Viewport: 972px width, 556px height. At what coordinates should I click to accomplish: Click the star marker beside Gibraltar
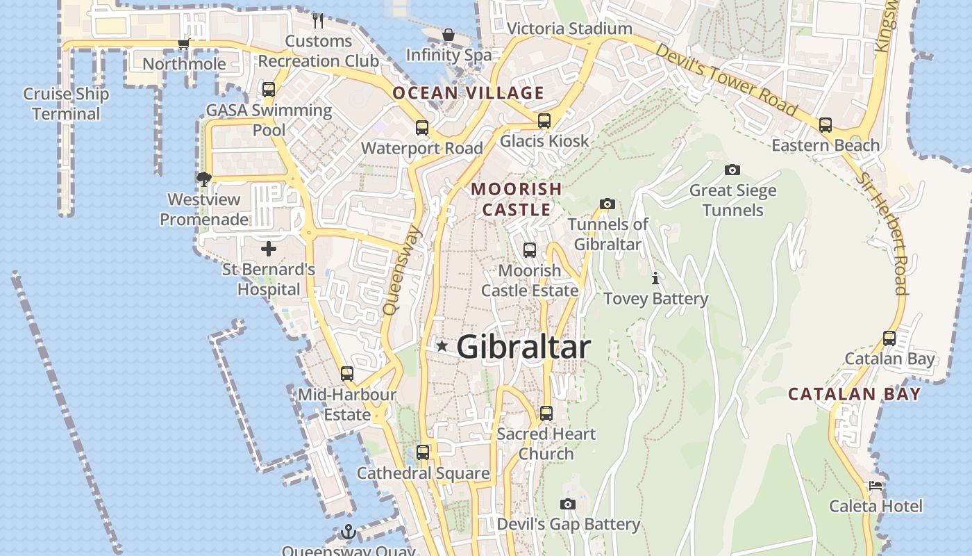coord(442,345)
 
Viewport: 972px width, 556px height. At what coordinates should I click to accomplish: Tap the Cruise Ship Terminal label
coord(66,104)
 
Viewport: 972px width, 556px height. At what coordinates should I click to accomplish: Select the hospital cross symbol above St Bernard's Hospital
coord(269,249)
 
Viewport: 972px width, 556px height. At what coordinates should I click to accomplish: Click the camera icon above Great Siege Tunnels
coord(732,170)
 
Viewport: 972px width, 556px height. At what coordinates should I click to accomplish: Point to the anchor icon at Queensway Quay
coord(348,532)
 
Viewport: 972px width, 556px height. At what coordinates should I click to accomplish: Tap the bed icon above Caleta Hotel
coord(875,486)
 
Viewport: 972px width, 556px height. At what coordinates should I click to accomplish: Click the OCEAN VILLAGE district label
coord(468,92)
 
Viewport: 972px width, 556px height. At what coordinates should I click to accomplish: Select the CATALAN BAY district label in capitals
coord(854,394)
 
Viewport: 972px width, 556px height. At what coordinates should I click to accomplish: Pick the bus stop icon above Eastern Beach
coord(825,125)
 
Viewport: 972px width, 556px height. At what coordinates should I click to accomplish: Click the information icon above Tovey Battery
coord(655,279)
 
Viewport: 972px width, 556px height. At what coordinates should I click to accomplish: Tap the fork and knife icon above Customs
coord(318,20)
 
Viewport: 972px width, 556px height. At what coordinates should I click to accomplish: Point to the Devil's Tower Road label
coord(726,79)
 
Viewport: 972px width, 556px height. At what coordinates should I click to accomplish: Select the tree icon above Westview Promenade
coord(203,179)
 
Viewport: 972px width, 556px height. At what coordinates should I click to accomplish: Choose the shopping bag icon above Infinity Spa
coord(449,35)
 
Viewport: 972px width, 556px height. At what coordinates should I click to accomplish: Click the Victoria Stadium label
coord(569,28)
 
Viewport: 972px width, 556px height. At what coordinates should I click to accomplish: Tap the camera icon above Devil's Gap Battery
coord(568,504)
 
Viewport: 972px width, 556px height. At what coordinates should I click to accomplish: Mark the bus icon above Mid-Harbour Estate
coord(347,374)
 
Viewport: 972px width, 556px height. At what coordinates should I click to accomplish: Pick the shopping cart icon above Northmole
coord(183,44)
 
